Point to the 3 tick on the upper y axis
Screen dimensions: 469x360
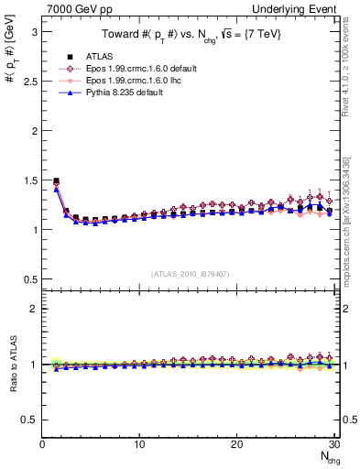34,31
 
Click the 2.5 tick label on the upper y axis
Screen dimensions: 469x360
29,81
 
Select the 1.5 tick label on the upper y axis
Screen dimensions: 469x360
29,180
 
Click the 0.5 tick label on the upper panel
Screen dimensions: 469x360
29,278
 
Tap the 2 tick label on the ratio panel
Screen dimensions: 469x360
34,309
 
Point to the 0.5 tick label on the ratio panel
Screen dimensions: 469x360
29,420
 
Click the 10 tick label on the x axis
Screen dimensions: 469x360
139,444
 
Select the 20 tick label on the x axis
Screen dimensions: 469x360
236,444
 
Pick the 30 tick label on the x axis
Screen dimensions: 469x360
333,444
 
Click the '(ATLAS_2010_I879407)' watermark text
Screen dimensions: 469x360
190,273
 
